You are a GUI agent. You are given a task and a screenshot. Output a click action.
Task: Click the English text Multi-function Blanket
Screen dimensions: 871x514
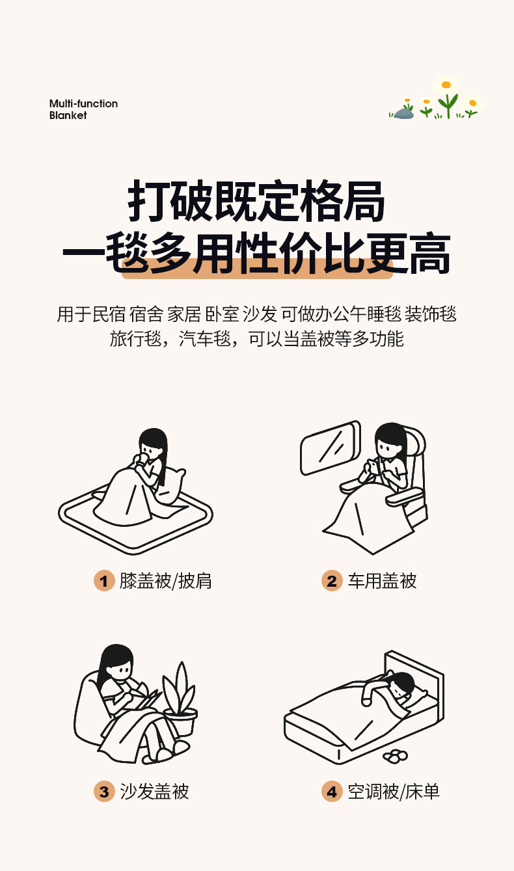pyautogui.click(x=83, y=109)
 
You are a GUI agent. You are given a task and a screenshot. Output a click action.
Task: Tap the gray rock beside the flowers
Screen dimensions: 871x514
pyautogui.click(x=404, y=114)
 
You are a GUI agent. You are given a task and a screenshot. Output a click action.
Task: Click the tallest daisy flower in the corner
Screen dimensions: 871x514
pyautogui.click(x=446, y=86)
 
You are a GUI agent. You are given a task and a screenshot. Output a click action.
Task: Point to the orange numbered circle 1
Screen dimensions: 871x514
pyautogui.click(x=104, y=580)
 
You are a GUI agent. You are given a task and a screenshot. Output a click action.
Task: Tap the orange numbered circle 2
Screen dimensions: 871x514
pyautogui.click(x=332, y=580)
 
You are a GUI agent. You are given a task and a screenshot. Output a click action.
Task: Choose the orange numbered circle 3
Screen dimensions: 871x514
pyautogui.click(x=104, y=792)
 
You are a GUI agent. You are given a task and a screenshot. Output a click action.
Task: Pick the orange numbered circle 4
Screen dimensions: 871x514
pyautogui.click(x=332, y=792)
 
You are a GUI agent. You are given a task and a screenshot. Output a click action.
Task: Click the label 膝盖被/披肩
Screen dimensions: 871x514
pyautogui.click(x=165, y=580)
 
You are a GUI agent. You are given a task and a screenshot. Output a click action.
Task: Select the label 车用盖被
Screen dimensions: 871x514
pyautogui.click(x=382, y=580)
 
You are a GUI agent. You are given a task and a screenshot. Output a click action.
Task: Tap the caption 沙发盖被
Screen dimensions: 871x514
pyautogui.click(x=154, y=792)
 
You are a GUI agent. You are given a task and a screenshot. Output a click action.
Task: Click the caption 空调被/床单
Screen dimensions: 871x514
pyautogui.click(x=394, y=792)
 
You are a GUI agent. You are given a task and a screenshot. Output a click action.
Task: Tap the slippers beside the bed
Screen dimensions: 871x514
pyautogui.click(x=395, y=756)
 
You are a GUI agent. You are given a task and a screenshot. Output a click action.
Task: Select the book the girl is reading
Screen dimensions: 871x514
pyautogui.click(x=149, y=699)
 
